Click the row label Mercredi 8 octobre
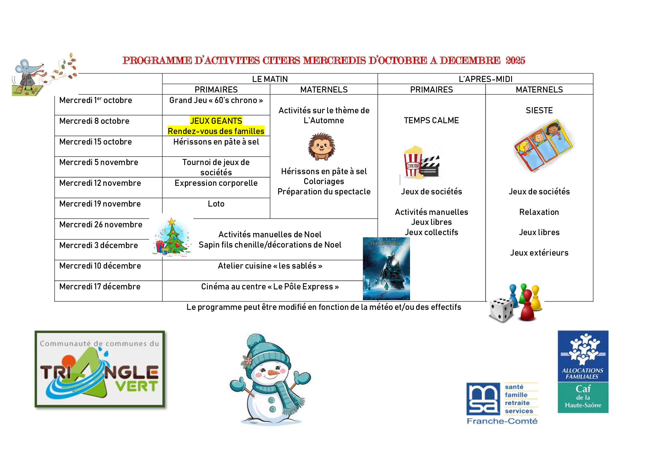click(x=94, y=121)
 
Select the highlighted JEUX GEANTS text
click(x=216, y=121)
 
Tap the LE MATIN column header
click(x=270, y=79)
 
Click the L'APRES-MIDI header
click(x=485, y=79)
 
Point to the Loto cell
click(x=216, y=204)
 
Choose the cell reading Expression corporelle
click(x=216, y=183)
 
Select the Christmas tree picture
click(x=171, y=238)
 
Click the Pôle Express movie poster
click(x=386, y=269)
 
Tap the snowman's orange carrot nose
click(x=273, y=373)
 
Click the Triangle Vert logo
click(x=100, y=369)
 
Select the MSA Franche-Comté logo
click(x=502, y=403)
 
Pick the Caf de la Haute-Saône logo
click(x=583, y=372)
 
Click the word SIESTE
click(x=539, y=110)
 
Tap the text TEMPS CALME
click(x=431, y=120)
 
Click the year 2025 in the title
click(x=515, y=60)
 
